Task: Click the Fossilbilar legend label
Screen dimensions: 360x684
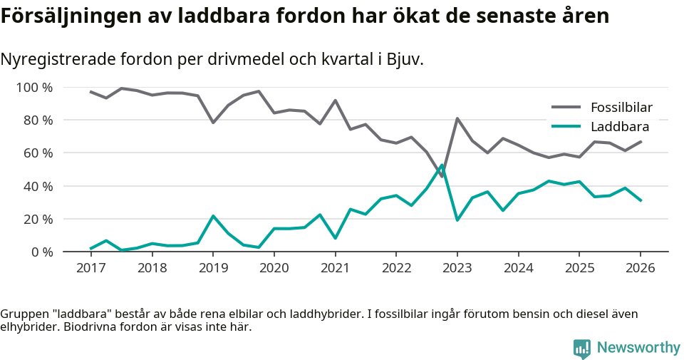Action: click(x=621, y=108)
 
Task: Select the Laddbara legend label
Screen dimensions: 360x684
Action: click(x=619, y=127)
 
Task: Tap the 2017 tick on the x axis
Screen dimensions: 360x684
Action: click(x=90, y=268)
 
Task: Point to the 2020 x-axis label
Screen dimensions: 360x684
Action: click(x=274, y=268)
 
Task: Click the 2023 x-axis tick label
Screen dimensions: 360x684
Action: click(x=457, y=268)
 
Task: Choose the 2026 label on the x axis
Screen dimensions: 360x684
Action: click(x=640, y=268)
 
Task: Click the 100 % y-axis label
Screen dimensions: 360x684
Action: click(x=35, y=88)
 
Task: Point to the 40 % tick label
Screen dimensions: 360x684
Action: click(x=38, y=186)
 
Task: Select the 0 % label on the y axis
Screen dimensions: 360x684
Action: click(x=41, y=252)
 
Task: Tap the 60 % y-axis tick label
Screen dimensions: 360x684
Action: click(x=38, y=153)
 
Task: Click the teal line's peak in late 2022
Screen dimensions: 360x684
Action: click(x=442, y=165)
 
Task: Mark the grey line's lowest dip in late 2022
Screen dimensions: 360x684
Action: click(x=442, y=176)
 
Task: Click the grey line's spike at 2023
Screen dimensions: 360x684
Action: click(x=457, y=118)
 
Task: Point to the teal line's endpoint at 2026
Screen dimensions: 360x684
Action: click(x=640, y=200)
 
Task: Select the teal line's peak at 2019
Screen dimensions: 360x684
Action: click(x=213, y=216)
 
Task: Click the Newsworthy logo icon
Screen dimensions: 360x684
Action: click(x=581, y=348)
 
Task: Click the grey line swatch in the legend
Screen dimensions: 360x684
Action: click(x=566, y=108)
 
